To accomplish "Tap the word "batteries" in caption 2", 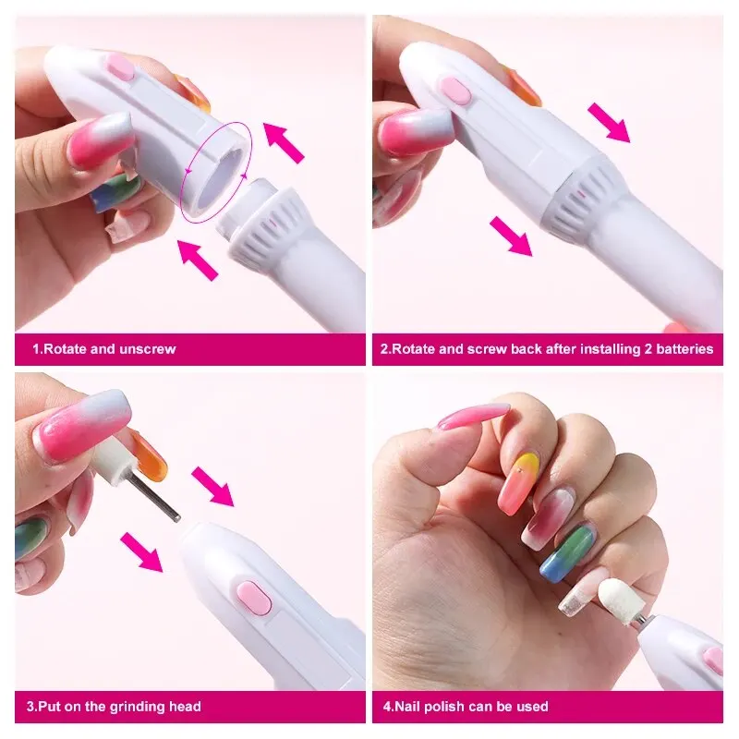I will (x=684, y=349).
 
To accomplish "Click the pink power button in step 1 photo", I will (x=119, y=67).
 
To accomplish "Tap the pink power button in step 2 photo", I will (x=452, y=89).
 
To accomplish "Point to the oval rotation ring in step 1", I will (x=215, y=171).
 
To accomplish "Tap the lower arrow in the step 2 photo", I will (x=511, y=236).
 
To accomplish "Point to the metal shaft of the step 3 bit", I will (x=152, y=494).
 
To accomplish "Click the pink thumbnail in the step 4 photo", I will (x=473, y=416).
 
